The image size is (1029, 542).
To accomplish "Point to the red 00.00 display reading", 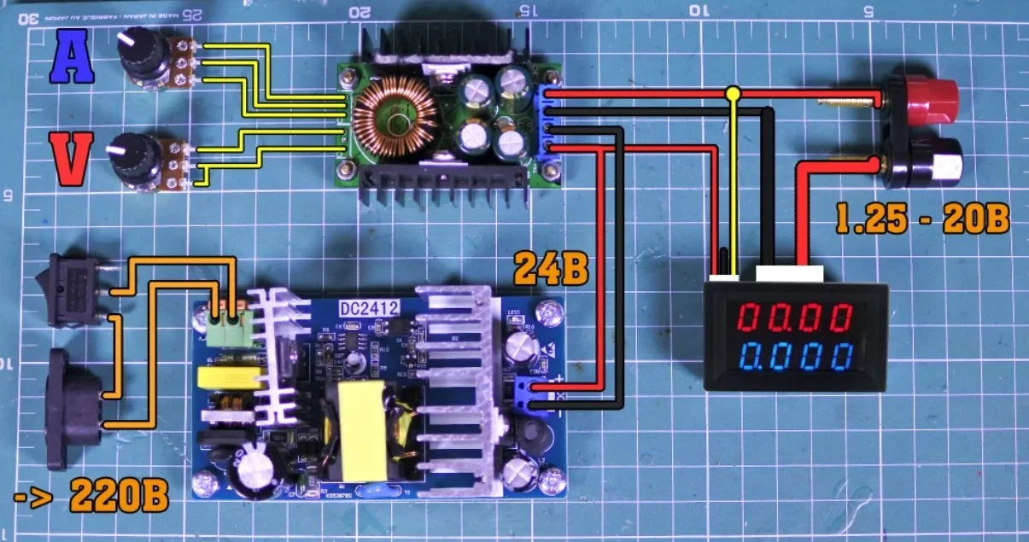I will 794,320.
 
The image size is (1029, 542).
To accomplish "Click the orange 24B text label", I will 552,271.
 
